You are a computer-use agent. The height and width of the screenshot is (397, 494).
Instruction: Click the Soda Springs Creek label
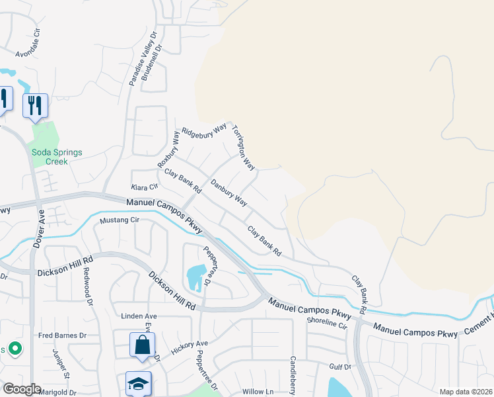pyautogui.click(x=58, y=157)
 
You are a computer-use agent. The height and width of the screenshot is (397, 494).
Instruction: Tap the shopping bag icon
pyautogui.click(x=142, y=345)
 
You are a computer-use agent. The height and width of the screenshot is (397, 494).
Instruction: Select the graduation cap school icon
pyautogui.click(x=139, y=384)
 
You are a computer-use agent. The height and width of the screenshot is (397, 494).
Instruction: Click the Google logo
pyautogui.click(x=22, y=389)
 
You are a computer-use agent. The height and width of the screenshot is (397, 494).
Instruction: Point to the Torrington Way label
pyautogui.click(x=242, y=147)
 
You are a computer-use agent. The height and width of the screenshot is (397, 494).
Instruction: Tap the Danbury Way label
pyautogui.click(x=229, y=193)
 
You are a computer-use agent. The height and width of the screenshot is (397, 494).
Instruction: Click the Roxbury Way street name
pyautogui.click(x=168, y=150)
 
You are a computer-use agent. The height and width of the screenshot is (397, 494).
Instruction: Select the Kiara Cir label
pyautogui.click(x=145, y=188)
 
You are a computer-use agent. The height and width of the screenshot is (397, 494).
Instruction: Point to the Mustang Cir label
pyautogui.click(x=120, y=220)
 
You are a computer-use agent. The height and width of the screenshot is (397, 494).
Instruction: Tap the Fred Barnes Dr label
pyautogui.click(x=63, y=335)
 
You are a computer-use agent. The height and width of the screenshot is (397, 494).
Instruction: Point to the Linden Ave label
pyautogui.click(x=138, y=316)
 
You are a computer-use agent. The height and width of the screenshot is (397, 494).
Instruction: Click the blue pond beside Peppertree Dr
pyautogui.click(x=196, y=277)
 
